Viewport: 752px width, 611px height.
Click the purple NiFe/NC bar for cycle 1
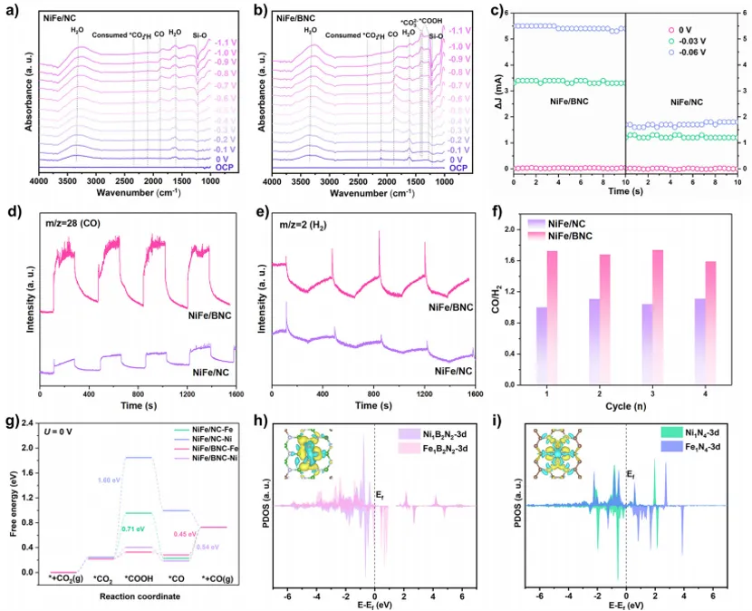click(x=542, y=345)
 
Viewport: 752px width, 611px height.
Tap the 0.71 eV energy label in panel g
click(x=134, y=526)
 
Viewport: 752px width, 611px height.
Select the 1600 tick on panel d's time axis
click(x=235, y=395)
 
